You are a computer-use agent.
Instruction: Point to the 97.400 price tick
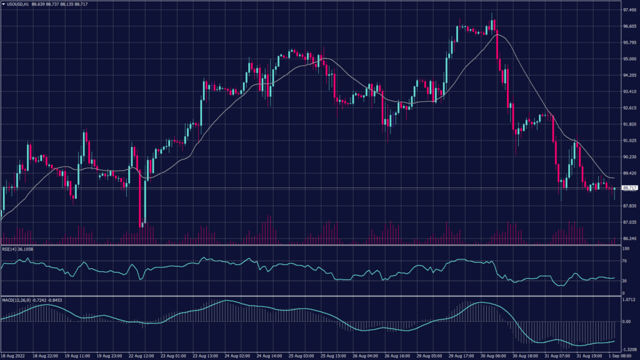(630, 11)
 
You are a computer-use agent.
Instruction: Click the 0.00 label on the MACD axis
(626, 321)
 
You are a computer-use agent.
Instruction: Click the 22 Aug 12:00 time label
(142, 356)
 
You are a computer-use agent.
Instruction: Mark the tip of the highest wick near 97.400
(492, 12)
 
